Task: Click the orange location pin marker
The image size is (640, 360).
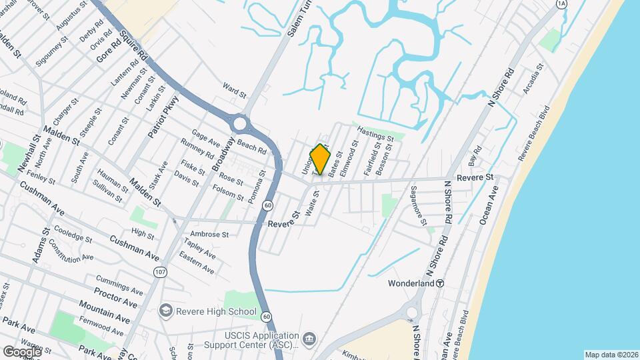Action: (x=321, y=159)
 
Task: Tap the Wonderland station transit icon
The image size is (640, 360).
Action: (x=441, y=283)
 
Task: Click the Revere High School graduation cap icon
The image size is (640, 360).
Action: (x=165, y=311)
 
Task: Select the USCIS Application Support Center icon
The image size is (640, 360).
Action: (x=309, y=339)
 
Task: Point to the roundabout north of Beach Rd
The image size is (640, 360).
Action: (x=240, y=123)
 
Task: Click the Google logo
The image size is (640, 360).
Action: (x=22, y=351)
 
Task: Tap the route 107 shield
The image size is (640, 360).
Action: (x=160, y=272)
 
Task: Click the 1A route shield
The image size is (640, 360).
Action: (x=561, y=4)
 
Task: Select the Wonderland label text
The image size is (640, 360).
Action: (x=411, y=283)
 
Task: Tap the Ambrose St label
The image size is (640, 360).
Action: (x=209, y=235)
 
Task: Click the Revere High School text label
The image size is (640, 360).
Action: (x=216, y=311)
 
